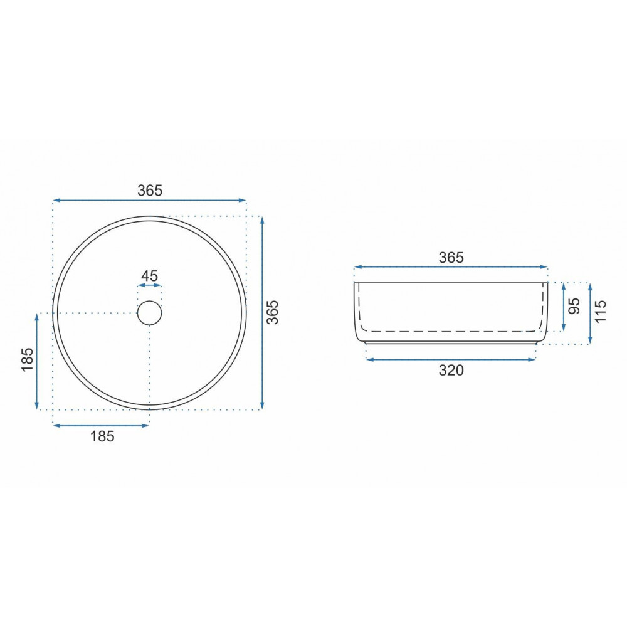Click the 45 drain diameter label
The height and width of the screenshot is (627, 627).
pyautogui.click(x=150, y=276)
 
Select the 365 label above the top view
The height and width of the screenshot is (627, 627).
pyautogui.click(x=150, y=191)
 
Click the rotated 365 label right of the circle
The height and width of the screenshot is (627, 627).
pyautogui.click(x=272, y=312)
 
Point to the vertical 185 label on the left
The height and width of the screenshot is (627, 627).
pyautogui.click(x=28, y=359)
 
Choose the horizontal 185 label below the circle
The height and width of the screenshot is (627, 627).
pyautogui.click(x=102, y=436)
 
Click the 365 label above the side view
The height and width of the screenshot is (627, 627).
pyautogui.click(x=451, y=258)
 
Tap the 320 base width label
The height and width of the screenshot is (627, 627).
pyautogui.click(x=451, y=371)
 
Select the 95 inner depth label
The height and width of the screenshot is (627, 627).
pyautogui.click(x=574, y=307)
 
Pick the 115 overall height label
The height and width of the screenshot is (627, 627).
pyautogui.click(x=600, y=311)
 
